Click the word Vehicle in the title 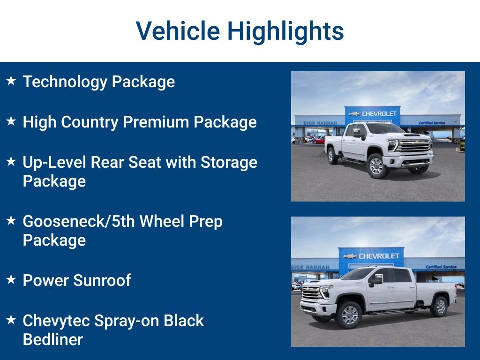point(178,31)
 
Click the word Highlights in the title point(285,32)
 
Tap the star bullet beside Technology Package point(11,81)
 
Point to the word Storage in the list point(229,162)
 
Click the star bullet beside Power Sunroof point(11,280)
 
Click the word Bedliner point(53,339)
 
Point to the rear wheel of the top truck point(333,155)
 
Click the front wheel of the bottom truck point(349,315)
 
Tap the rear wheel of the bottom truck point(440,307)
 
